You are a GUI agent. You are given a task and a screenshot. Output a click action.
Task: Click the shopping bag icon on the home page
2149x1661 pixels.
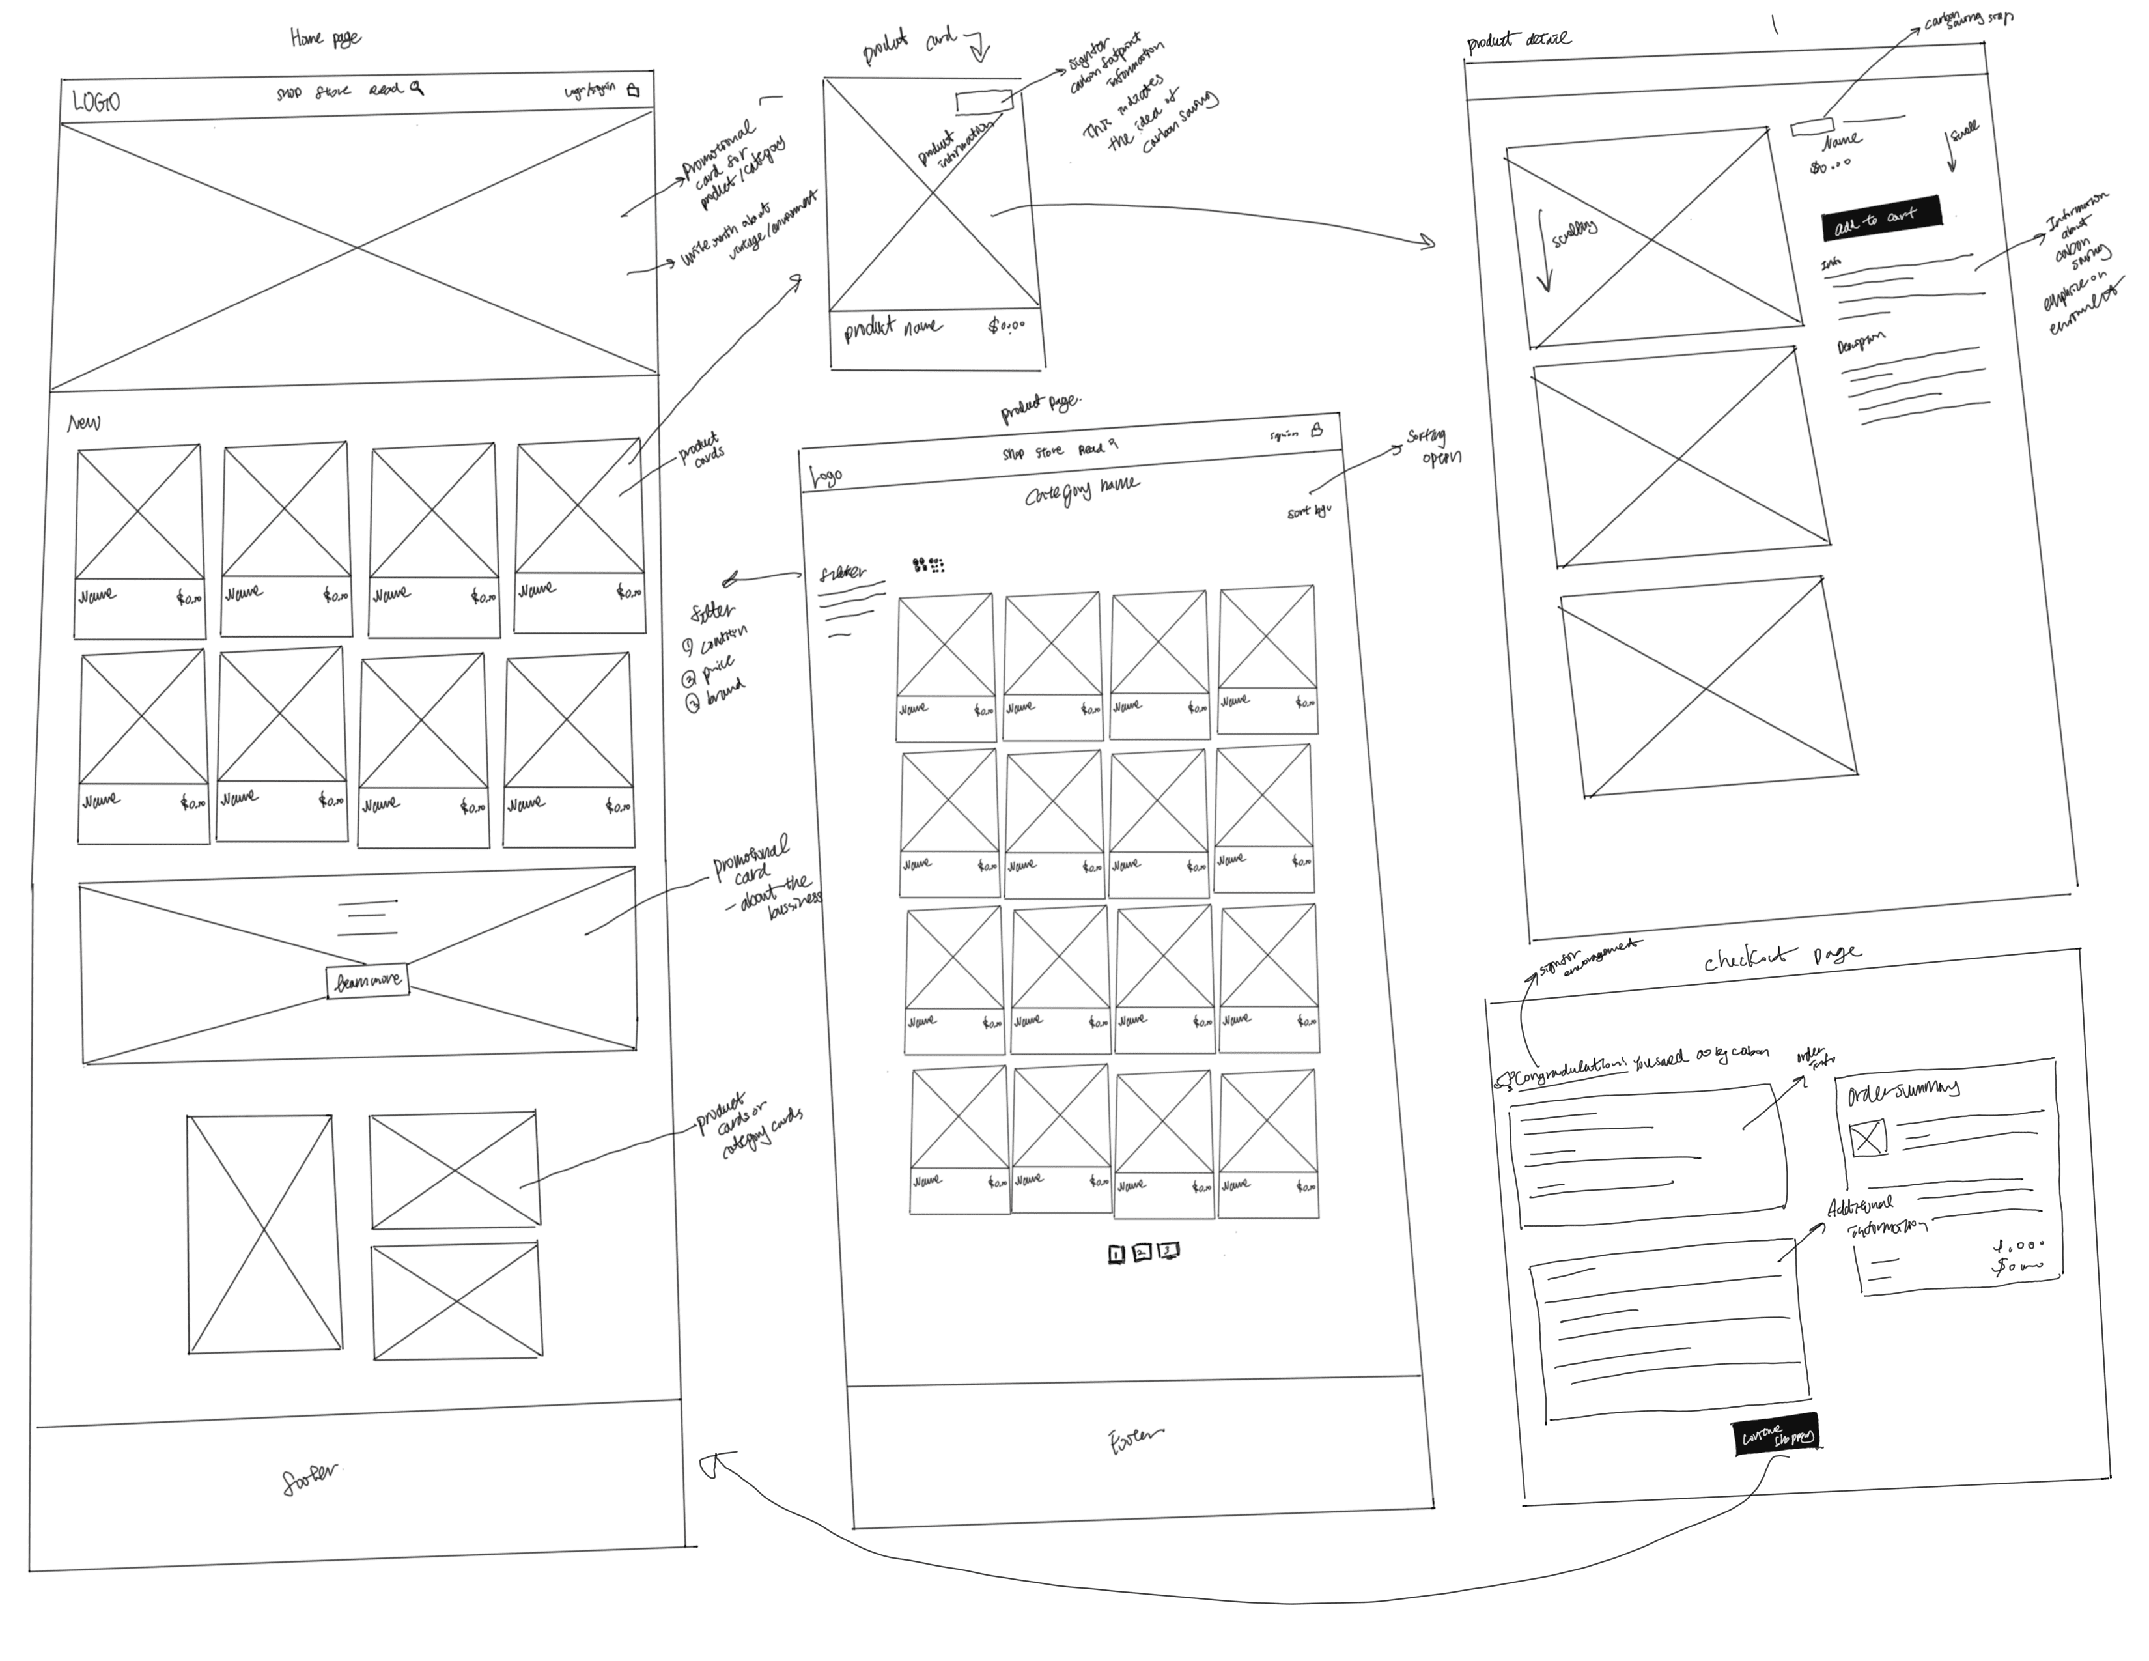tap(633, 91)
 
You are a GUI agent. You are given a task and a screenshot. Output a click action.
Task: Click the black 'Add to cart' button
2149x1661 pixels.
tap(1881, 218)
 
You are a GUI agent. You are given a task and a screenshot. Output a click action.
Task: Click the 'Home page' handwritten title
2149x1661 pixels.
tap(326, 38)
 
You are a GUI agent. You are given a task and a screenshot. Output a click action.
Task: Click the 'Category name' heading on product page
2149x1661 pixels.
tap(1082, 489)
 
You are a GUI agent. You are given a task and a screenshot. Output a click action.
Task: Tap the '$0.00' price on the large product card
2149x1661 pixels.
tap(1005, 325)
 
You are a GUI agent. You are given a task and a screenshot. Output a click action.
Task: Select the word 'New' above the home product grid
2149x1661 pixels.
tap(83, 423)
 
